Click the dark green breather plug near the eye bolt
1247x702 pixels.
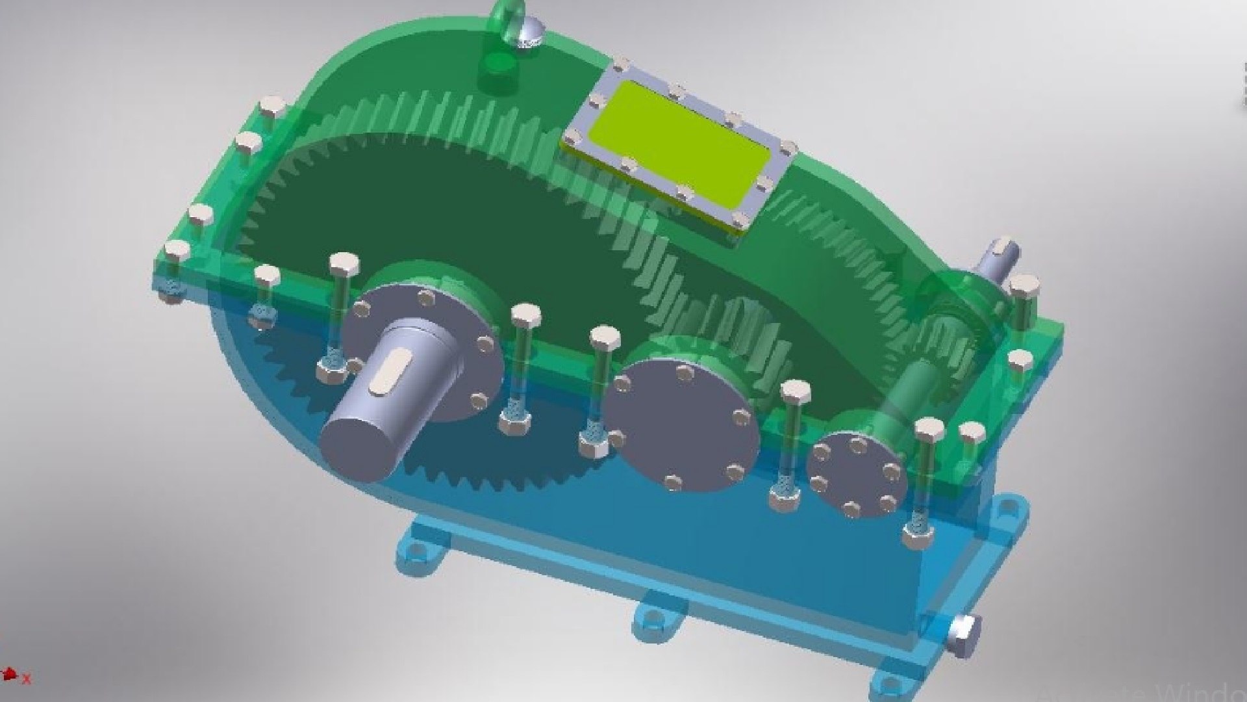coord(498,65)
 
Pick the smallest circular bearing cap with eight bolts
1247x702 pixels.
coord(857,474)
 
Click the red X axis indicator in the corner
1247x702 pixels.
coord(27,680)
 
